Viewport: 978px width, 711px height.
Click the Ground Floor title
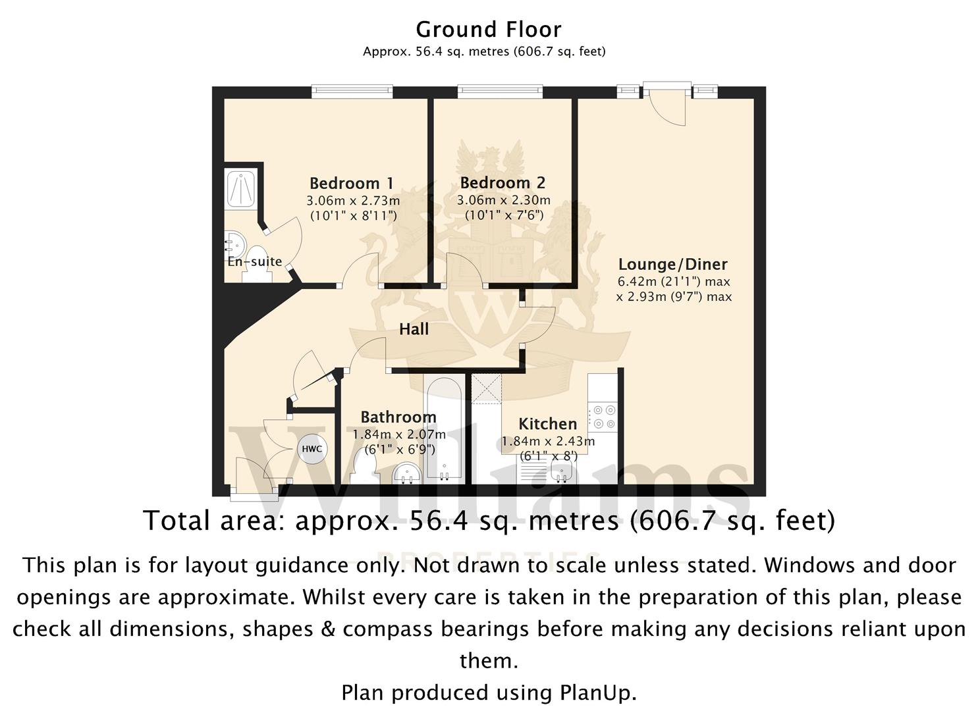488,30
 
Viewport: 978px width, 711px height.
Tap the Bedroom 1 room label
352,183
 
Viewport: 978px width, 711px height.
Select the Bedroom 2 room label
503,182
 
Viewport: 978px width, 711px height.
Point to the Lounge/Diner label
673,264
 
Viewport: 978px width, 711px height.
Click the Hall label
414,329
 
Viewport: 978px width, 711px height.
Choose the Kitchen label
547,424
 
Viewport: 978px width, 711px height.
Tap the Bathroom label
398,417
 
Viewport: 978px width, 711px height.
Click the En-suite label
254,261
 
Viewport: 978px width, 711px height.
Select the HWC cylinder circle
312,449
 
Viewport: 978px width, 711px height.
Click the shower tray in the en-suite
240,190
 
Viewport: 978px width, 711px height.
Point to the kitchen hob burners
604,417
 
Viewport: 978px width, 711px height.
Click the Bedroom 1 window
352,92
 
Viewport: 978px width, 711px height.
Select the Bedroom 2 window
500,92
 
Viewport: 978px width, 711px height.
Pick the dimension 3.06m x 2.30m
503,200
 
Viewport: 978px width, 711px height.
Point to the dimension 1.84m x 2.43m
548,441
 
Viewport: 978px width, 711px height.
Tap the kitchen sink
562,472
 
